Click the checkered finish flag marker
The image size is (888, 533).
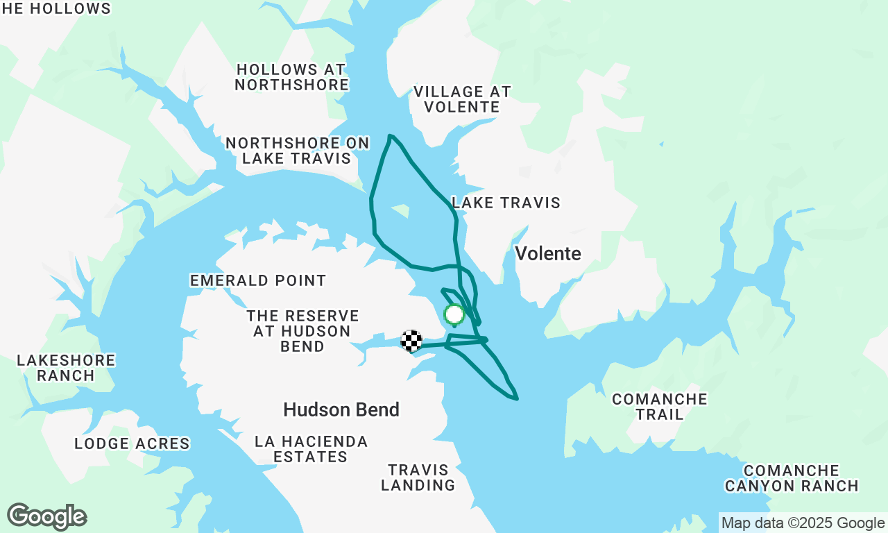pos(411,341)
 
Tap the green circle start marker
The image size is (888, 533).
pos(454,315)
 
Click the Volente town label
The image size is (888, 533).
pos(547,253)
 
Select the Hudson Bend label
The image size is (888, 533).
pos(341,409)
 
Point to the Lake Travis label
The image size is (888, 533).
pos(506,203)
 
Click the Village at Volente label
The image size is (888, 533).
pos(462,99)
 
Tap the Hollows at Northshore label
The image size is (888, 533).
pos(291,77)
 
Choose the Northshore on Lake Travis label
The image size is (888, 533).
pos(298,151)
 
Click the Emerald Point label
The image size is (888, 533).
pos(258,280)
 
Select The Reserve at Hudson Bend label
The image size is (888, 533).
pos(302,331)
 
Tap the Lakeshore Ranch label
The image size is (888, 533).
pos(66,368)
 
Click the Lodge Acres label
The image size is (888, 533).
pos(132,443)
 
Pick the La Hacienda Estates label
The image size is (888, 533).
pos(311,449)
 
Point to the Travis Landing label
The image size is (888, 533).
pos(418,477)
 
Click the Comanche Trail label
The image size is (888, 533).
pos(659,407)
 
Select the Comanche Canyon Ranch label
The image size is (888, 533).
pos(792,478)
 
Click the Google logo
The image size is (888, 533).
pos(47,517)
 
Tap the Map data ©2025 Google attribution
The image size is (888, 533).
pos(803,523)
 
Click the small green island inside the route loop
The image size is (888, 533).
pos(400,208)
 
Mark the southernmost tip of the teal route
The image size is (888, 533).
pos(516,399)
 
